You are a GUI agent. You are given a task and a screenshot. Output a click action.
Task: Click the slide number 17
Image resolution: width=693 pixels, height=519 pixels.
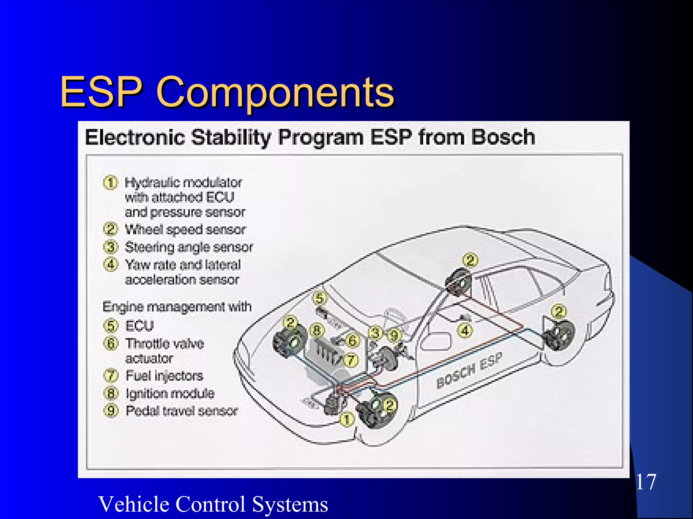pyautogui.click(x=646, y=482)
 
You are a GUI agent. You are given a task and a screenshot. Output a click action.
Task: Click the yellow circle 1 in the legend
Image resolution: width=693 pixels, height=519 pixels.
pyautogui.click(x=110, y=183)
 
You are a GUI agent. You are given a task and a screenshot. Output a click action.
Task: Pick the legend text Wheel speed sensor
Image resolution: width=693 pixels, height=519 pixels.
pyautogui.click(x=185, y=230)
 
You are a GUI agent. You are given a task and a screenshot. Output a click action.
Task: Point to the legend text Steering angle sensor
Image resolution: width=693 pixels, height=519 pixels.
pyautogui.click(x=189, y=247)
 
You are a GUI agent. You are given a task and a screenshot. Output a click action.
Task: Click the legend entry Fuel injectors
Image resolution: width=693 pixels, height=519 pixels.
pyautogui.click(x=164, y=375)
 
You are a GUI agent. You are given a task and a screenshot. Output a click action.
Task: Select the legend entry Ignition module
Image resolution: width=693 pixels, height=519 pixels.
pyautogui.click(x=170, y=393)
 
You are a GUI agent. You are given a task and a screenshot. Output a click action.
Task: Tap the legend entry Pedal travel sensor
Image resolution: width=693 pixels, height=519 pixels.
pyautogui.click(x=182, y=411)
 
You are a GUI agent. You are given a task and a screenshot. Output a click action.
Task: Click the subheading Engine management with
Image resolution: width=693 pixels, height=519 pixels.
pyautogui.click(x=177, y=307)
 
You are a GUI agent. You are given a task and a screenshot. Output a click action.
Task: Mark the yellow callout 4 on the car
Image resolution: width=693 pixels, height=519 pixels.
pyautogui.click(x=465, y=331)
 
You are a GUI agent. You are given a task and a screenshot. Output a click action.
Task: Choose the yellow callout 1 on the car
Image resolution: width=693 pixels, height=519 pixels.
pyautogui.click(x=346, y=420)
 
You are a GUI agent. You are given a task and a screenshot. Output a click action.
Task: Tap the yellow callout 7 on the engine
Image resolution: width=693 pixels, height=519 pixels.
pyautogui.click(x=351, y=360)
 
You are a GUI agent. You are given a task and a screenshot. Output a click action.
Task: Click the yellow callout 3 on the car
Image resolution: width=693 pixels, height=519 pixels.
pyautogui.click(x=375, y=333)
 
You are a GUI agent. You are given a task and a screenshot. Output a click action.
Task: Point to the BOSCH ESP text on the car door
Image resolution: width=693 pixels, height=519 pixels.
pyautogui.click(x=469, y=370)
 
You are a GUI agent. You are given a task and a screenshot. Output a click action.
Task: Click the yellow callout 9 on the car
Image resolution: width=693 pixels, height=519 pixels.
pyautogui.click(x=394, y=336)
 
